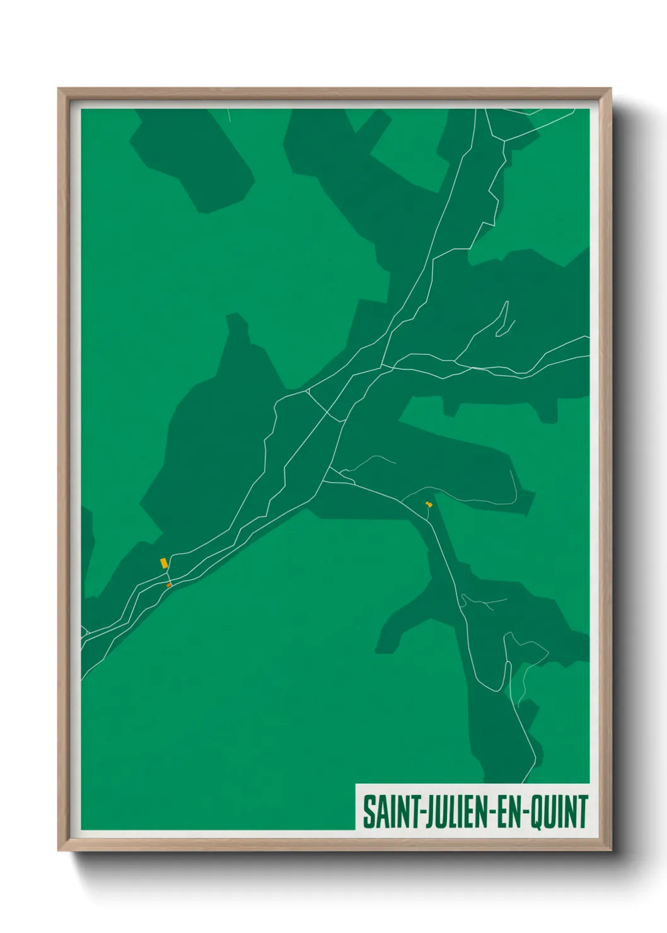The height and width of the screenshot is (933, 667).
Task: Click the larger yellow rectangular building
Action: coord(164,562)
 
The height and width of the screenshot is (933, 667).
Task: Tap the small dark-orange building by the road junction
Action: coord(168,585)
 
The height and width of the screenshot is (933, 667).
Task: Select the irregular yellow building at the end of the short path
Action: coord(429,504)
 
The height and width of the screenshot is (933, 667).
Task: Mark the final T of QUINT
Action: coord(583,813)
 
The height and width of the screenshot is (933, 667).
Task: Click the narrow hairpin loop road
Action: coord(504,318)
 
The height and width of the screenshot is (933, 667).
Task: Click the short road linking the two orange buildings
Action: coord(168,575)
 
